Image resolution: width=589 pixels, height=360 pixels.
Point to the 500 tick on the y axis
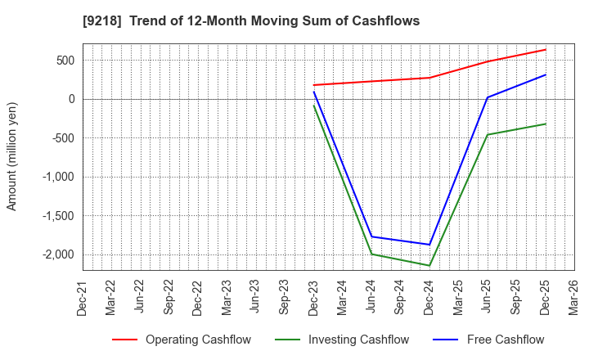65,61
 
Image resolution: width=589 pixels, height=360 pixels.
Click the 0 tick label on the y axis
71,99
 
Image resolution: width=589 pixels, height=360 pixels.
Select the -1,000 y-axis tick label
58,177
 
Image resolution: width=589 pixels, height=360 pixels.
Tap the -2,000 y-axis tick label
58,254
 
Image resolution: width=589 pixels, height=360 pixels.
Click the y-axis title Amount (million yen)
12,156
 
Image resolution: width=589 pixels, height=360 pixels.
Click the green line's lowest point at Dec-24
429,265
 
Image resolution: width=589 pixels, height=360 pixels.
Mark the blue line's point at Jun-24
372,236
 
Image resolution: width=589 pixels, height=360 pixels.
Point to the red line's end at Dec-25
546,49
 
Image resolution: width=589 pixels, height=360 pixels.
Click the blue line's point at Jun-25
488,97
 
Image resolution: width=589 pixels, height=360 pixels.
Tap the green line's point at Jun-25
488,135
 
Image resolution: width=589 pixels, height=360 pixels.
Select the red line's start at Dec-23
314,85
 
